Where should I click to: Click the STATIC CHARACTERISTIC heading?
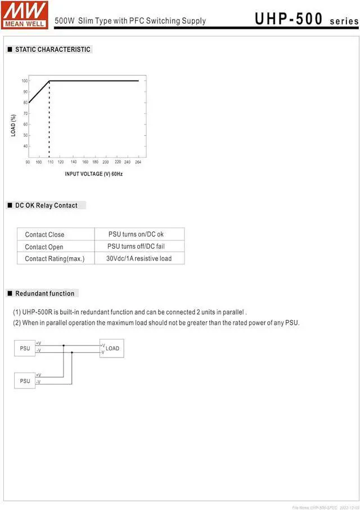point(52,50)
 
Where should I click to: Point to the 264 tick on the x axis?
point(138,162)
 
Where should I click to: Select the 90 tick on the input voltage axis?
point(28,162)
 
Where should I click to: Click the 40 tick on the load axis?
point(25,146)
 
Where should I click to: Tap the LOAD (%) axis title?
point(13,125)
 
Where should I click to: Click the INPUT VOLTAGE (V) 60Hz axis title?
point(93,174)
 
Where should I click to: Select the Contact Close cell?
point(44,235)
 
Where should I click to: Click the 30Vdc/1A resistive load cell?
point(139,259)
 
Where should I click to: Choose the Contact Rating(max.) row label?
point(55,259)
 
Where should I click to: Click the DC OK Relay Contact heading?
point(46,205)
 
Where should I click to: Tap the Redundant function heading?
point(44,293)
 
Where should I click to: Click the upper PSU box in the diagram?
point(25,348)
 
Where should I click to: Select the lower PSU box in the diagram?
point(25,381)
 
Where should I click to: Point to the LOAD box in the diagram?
point(112,348)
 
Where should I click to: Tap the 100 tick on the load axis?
point(25,81)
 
